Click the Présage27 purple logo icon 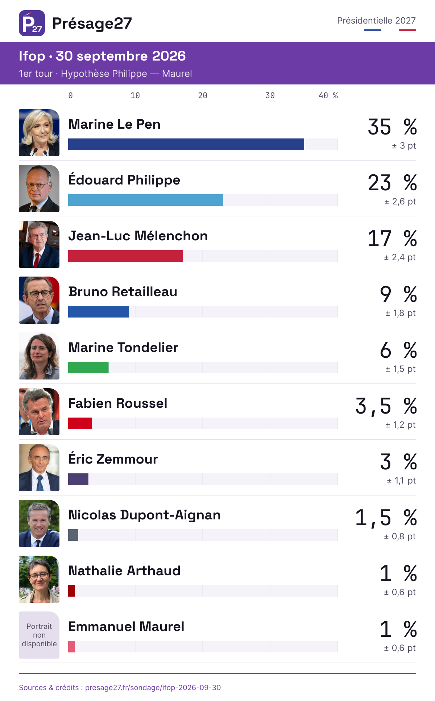pyautogui.click(x=32, y=23)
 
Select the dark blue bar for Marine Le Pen pyautogui.click(x=186, y=144)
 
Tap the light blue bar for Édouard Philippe pyautogui.click(x=146, y=200)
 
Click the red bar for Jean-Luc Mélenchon pyautogui.click(x=125, y=256)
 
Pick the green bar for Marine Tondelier pyautogui.click(x=88, y=368)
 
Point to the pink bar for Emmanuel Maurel pyautogui.click(x=71, y=647)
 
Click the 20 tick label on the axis pyautogui.click(x=203, y=96)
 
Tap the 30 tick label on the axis pyautogui.click(x=270, y=96)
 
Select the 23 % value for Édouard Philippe pyautogui.click(x=392, y=183)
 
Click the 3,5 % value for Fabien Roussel pyautogui.click(x=386, y=406)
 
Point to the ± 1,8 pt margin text pyautogui.click(x=400, y=313)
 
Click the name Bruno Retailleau pyautogui.click(x=123, y=292)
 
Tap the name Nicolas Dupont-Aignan pyautogui.click(x=145, y=515)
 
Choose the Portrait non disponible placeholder pyautogui.click(x=39, y=635)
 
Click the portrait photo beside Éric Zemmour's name pyautogui.click(x=39, y=468)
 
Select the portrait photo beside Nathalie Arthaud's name pyautogui.click(x=39, y=579)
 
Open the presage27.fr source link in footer pyautogui.click(x=153, y=688)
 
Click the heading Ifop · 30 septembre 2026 pyautogui.click(x=102, y=56)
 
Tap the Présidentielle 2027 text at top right pyautogui.click(x=376, y=21)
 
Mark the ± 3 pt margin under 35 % pyautogui.click(x=404, y=146)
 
